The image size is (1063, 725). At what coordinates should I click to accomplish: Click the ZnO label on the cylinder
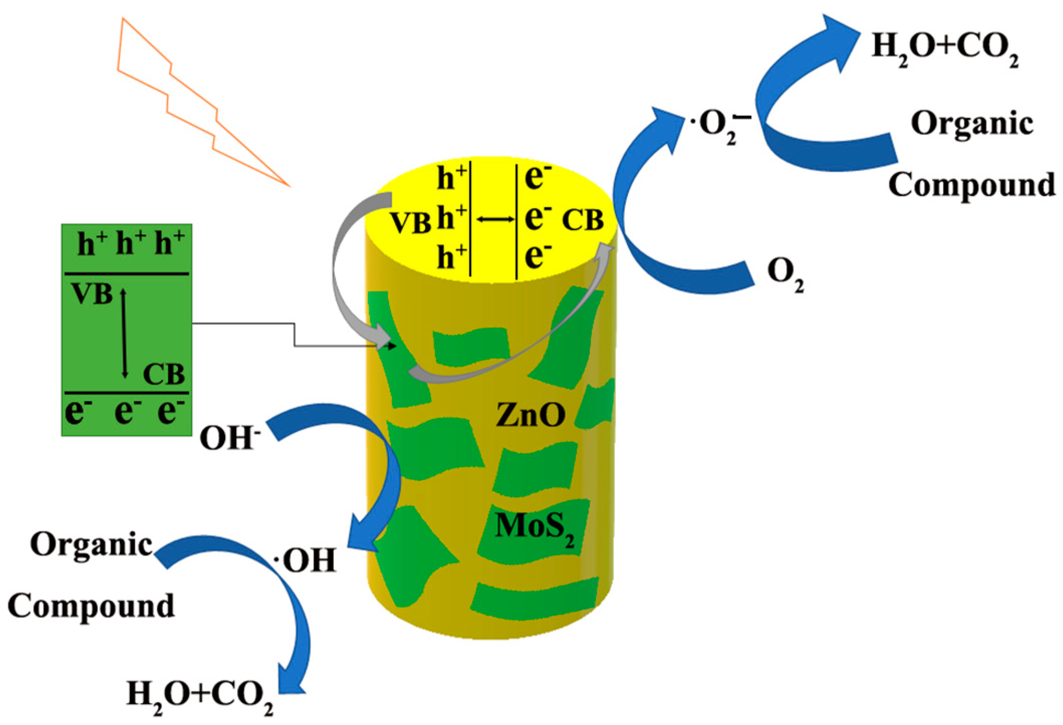530,415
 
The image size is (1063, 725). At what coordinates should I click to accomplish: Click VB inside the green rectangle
92,294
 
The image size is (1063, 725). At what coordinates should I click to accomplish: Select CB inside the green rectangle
164,375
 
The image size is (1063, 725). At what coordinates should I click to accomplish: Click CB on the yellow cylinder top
582,220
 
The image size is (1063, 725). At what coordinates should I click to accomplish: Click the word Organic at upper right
972,124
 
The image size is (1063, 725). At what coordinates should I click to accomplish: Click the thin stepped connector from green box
294,334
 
